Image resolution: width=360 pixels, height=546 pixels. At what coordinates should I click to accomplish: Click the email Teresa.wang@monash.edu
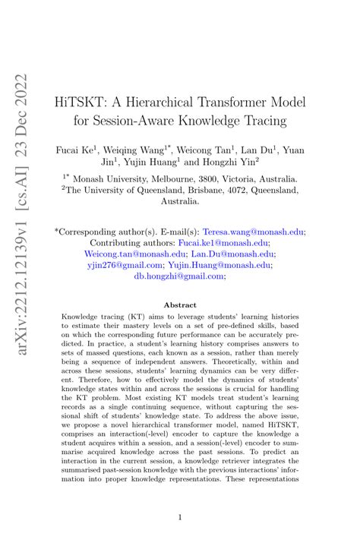tap(260, 232)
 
